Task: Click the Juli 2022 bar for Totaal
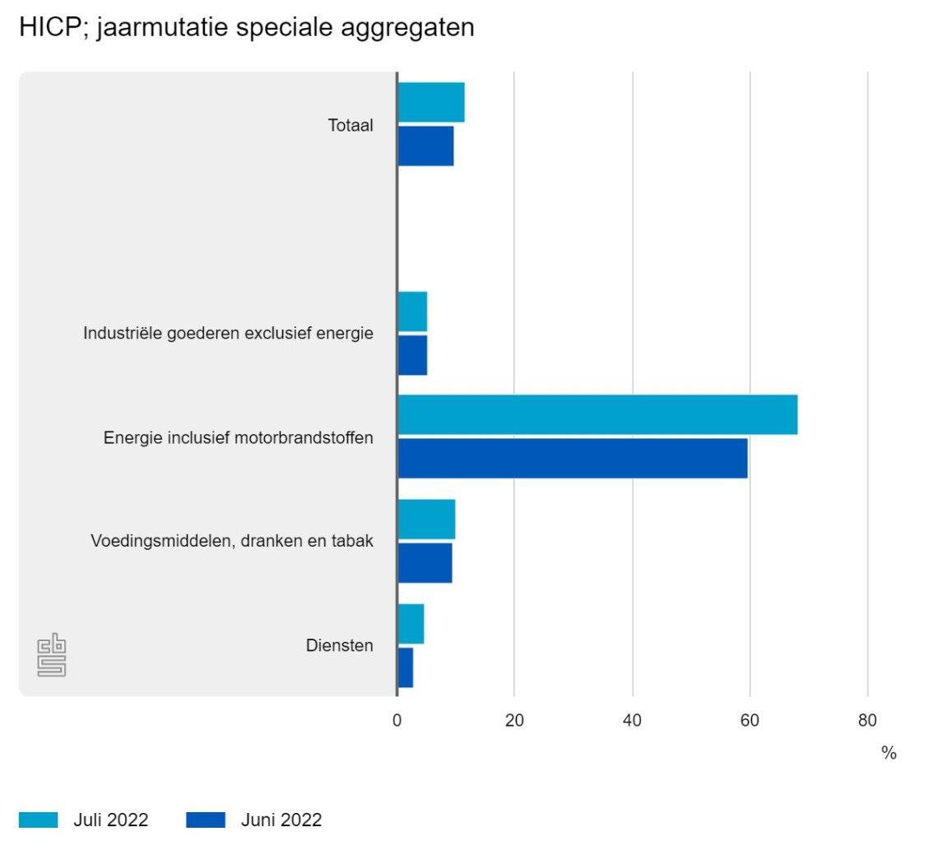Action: point(431,103)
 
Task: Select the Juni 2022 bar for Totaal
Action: point(425,146)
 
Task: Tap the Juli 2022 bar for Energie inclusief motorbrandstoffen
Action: point(597,415)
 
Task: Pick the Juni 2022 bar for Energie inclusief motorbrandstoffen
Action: point(573,458)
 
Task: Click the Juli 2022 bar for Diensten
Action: point(411,624)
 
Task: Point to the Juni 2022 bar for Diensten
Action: point(406,667)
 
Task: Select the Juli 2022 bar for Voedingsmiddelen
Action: point(426,520)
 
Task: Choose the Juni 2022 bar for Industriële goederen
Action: point(412,354)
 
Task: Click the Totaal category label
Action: point(351,126)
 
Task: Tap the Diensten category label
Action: point(339,646)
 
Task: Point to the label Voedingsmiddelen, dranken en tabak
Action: point(232,542)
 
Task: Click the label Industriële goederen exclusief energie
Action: point(228,334)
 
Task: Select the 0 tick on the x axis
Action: point(397,721)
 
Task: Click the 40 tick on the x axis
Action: point(632,721)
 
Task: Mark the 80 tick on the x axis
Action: point(867,721)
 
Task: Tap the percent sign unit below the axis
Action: point(889,753)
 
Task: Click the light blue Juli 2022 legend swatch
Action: point(39,820)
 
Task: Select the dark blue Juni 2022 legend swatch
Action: point(206,820)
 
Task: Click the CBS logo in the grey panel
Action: point(51,655)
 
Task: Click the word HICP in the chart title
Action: point(45,27)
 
